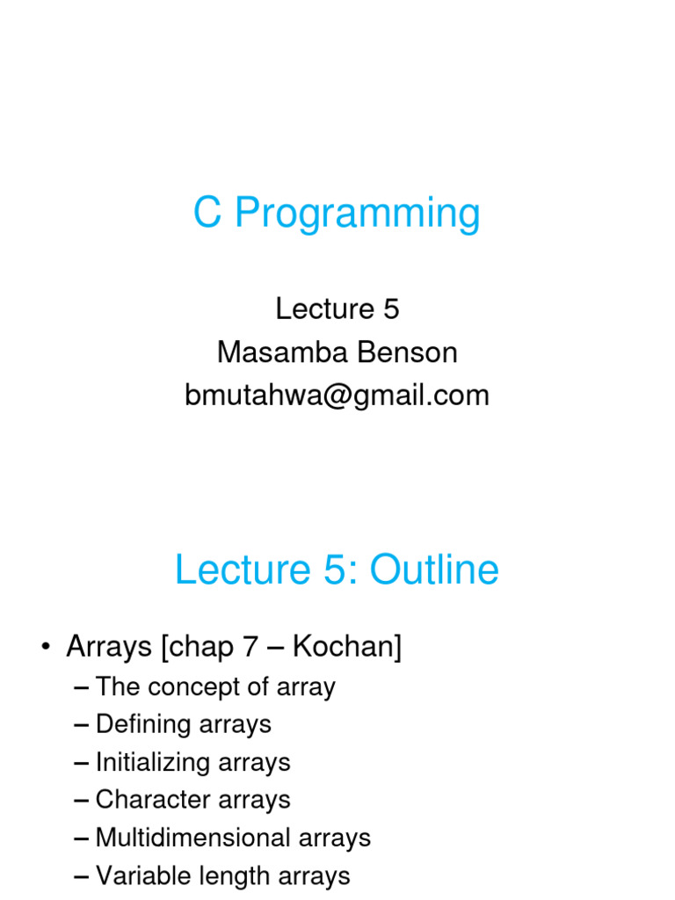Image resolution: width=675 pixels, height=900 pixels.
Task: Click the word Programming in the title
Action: [358, 214]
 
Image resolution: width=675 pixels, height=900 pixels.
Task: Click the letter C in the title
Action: [206, 213]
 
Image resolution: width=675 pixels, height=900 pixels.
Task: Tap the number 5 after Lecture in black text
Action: [390, 308]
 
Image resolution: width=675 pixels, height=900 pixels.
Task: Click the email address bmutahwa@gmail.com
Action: [337, 396]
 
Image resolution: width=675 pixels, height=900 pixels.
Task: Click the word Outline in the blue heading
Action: [434, 570]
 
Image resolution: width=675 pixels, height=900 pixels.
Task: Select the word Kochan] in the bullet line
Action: [346, 648]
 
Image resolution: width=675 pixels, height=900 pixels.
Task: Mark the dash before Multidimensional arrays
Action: [83, 838]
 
